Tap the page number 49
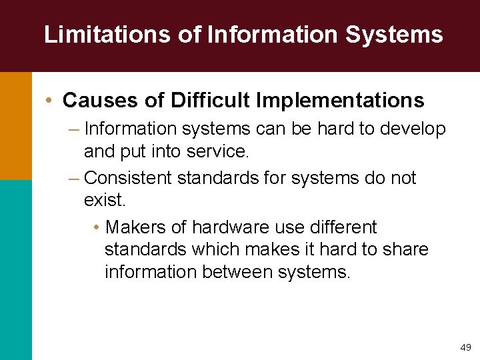pos(465,347)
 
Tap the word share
pos(405,250)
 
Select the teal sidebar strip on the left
pos(15,269)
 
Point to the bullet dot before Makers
pos(97,228)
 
